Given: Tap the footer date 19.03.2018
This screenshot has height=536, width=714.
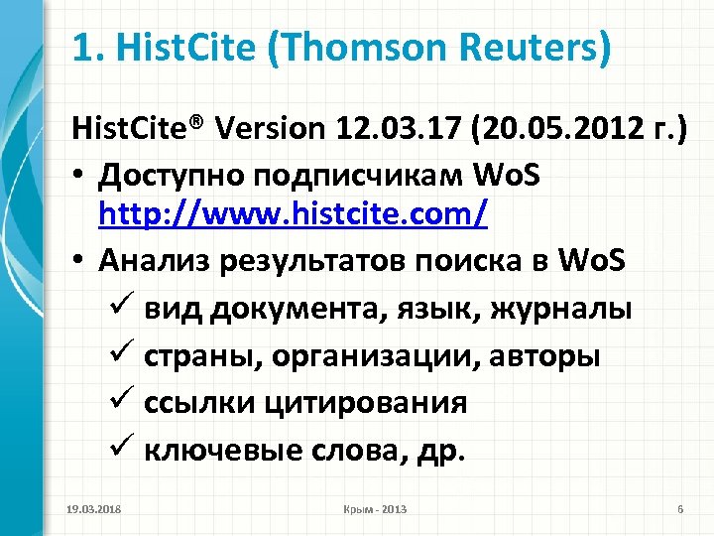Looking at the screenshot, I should point(89,509).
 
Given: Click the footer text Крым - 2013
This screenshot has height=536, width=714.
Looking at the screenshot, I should point(373,509).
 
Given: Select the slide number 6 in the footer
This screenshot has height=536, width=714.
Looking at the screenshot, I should point(680,509).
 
